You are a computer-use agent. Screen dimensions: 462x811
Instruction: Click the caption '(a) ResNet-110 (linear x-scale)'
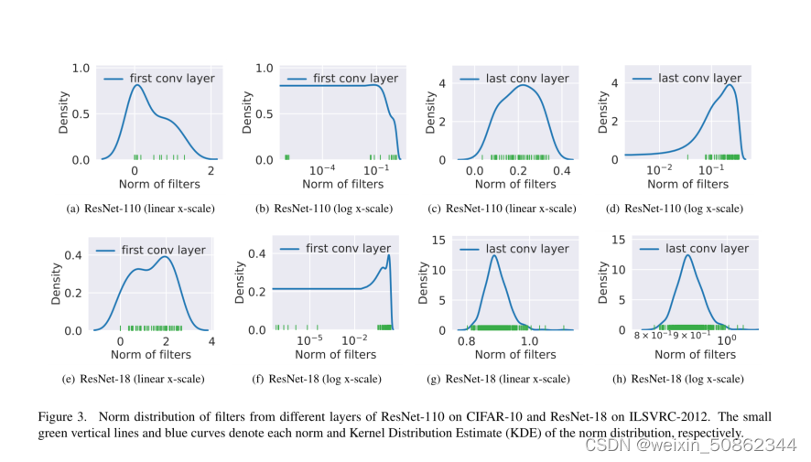[141, 209]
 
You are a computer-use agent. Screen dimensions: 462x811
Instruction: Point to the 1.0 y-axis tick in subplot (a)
[81, 69]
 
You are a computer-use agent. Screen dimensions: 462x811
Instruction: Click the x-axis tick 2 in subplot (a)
[211, 170]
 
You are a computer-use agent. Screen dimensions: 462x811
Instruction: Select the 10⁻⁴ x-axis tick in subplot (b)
[322, 170]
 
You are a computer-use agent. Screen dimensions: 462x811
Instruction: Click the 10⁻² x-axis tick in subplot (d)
[660, 170]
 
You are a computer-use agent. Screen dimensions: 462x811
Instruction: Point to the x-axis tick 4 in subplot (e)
[211, 340]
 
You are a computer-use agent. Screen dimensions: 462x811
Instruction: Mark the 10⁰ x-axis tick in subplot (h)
[727, 340]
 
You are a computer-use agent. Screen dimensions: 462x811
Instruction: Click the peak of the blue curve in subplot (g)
[495, 255]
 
